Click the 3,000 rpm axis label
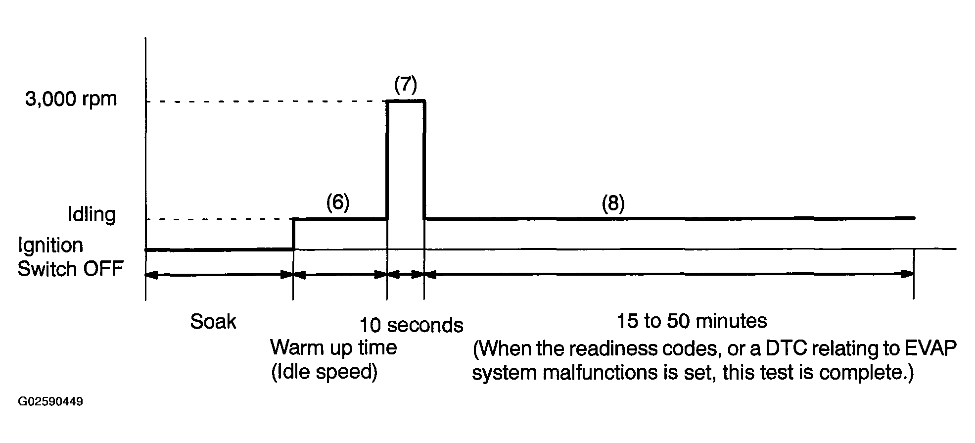point(71,100)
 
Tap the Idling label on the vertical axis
point(92,215)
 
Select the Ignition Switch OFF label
point(70,257)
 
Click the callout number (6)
point(338,202)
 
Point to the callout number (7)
point(406,85)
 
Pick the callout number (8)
point(613,203)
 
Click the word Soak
point(213,322)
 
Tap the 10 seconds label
point(411,325)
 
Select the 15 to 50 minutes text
point(692,321)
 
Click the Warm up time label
point(333,348)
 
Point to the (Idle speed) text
point(324,372)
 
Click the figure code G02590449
point(50,401)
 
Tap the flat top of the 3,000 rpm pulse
point(406,101)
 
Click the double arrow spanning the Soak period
point(219,274)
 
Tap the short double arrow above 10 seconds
point(405,274)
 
